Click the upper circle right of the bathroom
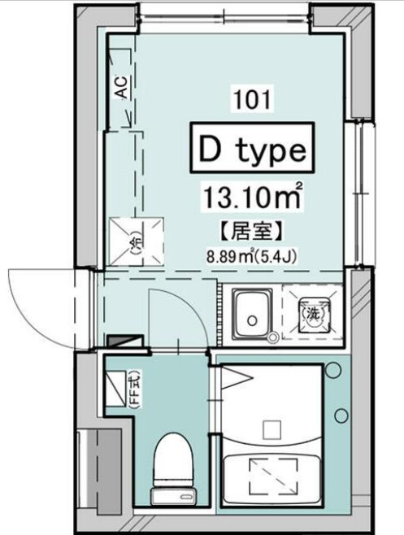332,371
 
